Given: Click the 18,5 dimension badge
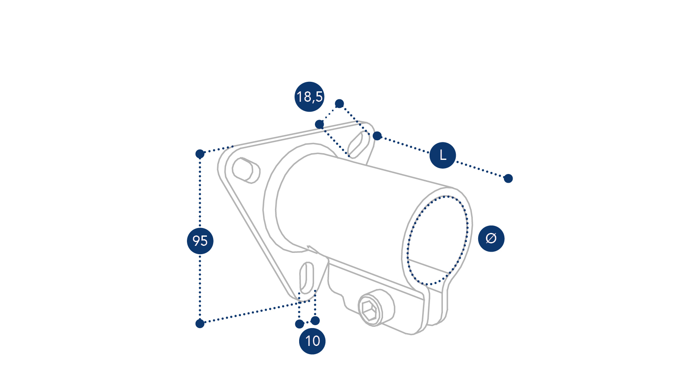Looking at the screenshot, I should [x=310, y=97].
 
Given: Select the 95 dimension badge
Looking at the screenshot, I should [x=200, y=240].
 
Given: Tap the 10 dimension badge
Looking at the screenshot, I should [x=312, y=341].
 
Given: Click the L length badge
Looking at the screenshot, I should [x=443, y=155].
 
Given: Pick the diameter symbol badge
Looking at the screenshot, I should [x=491, y=238].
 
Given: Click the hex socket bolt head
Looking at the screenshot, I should [x=371, y=311].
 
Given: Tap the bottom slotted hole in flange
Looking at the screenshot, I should [x=307, y=278].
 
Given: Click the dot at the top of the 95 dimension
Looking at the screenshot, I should [x=200, y=154].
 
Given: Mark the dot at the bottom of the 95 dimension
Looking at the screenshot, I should [x=200, y=323].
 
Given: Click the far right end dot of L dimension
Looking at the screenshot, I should [x=508, y=179].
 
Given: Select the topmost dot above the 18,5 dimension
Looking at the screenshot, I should [x=339, y=103].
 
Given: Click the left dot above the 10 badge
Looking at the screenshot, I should [x=300, y=324].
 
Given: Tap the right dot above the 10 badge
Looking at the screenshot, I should [x=315, y=321].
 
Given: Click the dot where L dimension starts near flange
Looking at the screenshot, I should [x=377, y=136].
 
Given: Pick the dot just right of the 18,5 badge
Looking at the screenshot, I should [x=319, y=124].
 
